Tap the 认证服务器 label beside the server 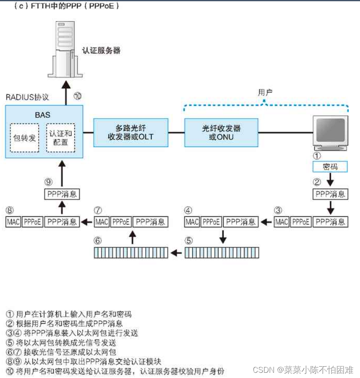tap(101, 50)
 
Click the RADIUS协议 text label tap(27, 96)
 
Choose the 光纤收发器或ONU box tap(221, 133)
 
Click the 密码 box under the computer tap(330, 166)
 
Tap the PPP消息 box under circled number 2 tap(330, 194)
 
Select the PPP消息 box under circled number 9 tap(62, 194)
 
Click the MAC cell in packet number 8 tap(13, 222)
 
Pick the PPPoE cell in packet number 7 tap(121, 222)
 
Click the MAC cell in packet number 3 tap(281, 222)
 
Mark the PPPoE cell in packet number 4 tap(211, 222)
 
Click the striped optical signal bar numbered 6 tap(131, 252)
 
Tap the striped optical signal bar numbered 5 tap(221, 252)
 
